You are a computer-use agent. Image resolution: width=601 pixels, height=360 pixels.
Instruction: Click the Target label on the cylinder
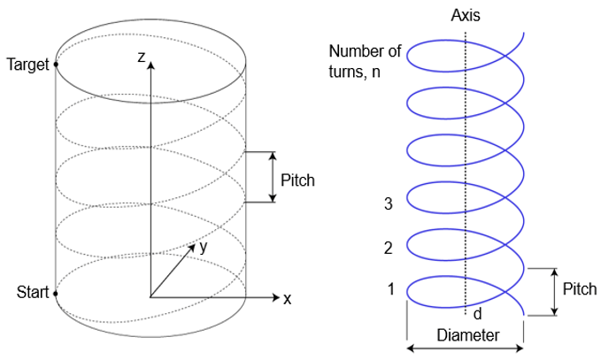[x=27, y=65]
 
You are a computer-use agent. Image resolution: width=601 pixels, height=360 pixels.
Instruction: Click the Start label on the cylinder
[x=32, y=292]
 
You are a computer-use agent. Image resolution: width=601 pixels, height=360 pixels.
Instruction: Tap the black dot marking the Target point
[x=56, y=65]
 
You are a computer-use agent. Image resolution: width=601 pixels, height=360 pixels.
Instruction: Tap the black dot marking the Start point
[x=56, y=293]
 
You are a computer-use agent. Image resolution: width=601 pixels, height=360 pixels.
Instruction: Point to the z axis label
[x=140, y=57]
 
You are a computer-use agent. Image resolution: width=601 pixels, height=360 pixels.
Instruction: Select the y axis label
[x=204, y=248]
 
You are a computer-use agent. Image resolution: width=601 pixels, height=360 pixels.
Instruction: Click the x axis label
[x=287, y=298]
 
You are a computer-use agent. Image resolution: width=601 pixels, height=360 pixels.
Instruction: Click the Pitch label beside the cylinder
[x=297, y=180]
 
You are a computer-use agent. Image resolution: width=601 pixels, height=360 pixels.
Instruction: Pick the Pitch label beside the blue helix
[x=579, y=289]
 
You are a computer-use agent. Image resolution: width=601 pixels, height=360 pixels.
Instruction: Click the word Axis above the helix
[x=466, y=16]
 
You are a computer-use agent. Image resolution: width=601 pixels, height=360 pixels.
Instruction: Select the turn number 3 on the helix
[x=387, y=204]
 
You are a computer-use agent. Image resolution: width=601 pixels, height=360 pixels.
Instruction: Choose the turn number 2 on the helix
[x=387, y=249]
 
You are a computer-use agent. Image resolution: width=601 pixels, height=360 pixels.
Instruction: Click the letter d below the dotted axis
[x=477, y=313]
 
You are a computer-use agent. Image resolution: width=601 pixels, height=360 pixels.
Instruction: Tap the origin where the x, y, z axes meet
[x=151, y=297]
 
